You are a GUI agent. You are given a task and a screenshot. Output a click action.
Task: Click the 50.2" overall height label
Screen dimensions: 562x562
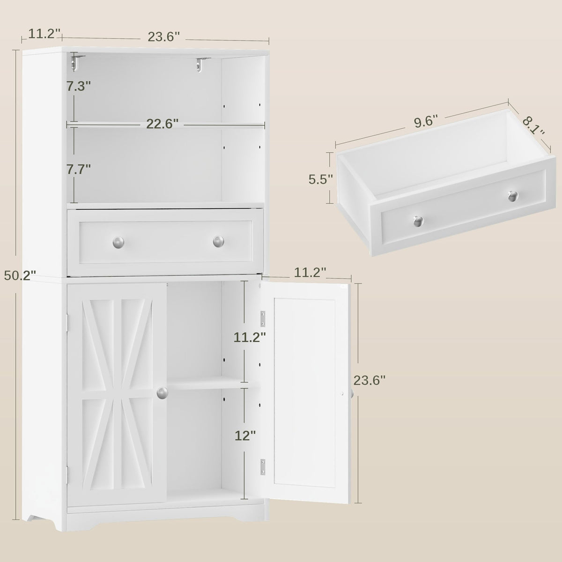(x=20, y=275)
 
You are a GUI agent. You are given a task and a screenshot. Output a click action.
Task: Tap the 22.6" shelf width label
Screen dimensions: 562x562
(x=162, y=124)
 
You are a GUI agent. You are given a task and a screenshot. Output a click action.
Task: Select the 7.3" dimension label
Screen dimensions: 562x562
(x=79, y=86)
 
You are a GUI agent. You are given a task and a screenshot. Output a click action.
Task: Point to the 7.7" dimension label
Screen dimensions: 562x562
(x=79, y=169)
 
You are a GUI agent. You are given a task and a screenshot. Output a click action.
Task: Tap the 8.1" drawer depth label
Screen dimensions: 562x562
(x=533, y=126)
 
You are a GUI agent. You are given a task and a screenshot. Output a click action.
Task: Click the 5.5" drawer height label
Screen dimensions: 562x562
(x=321, y=179)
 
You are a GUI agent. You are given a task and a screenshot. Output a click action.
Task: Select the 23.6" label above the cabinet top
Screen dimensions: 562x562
(x=163, y=37)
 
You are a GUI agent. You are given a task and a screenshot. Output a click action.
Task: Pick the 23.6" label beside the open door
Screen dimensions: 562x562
(x=370, y=380)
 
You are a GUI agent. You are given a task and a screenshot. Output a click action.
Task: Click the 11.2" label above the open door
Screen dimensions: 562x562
(x=310, y=273)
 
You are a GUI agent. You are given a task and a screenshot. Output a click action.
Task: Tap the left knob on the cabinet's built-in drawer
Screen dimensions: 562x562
(x=118, y=242)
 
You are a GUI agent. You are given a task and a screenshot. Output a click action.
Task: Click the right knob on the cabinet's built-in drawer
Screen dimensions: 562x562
(x=218, y=242)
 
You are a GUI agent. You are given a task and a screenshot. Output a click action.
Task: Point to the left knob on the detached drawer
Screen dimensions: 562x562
(x=419, y=221)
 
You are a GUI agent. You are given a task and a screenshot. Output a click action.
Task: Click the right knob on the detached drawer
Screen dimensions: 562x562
(x=513, y=196)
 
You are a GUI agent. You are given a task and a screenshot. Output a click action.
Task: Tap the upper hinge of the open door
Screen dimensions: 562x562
(x=263, y=319)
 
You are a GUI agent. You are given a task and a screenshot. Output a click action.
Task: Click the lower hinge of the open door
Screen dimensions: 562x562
(x=263, y=466)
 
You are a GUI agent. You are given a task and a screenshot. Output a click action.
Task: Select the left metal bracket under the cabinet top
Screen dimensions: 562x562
(x=76, y=62)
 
